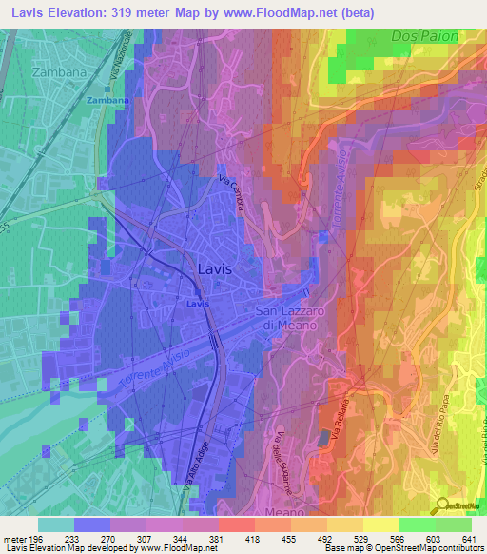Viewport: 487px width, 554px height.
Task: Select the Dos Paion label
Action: [x=424, y=35]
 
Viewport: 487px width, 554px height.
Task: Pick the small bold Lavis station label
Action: [x=197, y=303]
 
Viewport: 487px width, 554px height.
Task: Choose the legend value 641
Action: [x=470, y=538]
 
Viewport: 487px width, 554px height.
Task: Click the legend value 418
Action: [x=255, y=538]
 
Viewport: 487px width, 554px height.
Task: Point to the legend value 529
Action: [x=362, y=538]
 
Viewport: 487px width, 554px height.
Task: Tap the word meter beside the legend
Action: [x=13, y=538]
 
